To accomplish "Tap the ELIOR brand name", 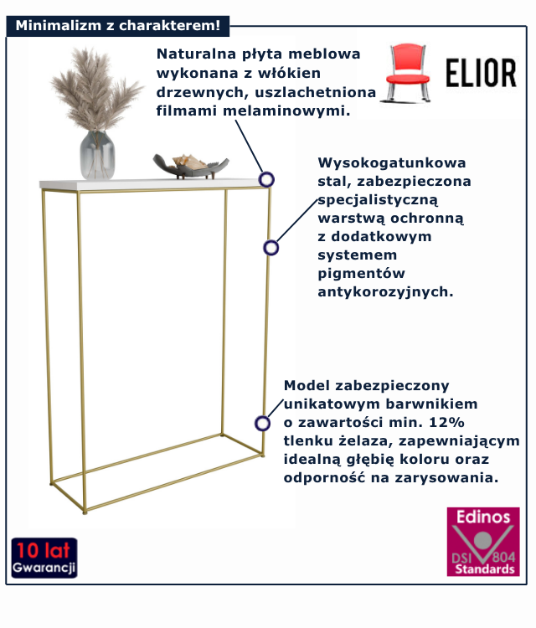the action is point(481,73).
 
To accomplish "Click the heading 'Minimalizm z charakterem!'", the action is point(118,26).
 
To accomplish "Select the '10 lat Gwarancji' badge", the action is point(44,558).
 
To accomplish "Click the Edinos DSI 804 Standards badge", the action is point(483,542).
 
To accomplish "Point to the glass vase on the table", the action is point(97,155).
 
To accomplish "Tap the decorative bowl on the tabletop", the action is point(191,166).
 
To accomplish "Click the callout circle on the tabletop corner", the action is point(266,179).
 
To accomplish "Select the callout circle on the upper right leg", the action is point(271,248).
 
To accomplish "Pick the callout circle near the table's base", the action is point(262,423).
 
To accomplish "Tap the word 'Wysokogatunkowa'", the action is point(392,163).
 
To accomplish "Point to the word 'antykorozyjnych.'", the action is point(385,292).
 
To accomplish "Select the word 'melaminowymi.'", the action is point(286,111).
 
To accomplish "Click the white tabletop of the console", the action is point(154,184).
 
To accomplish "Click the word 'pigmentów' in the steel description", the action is point(361,274).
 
